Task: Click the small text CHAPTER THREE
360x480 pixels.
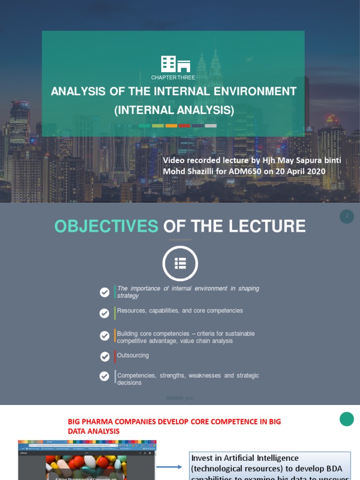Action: click(173, 77)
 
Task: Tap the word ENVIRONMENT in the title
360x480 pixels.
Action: click(247, 91)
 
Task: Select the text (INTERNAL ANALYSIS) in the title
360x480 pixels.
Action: click(174, 111)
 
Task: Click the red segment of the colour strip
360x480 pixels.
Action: click(184, 126)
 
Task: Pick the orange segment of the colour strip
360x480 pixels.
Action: click(171, 126)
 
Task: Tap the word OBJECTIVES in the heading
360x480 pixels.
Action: click(106, 226)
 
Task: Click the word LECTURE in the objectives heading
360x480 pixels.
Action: click(267, 226)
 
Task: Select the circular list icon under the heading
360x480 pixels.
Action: click(180, 264)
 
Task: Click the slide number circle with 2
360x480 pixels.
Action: click(347, 216)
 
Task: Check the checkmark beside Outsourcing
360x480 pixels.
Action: click(105, 357)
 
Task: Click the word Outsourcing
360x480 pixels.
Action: click(133, 355)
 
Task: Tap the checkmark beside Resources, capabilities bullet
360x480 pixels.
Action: click(105, 313)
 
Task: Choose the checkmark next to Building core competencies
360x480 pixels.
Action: click(105, 336)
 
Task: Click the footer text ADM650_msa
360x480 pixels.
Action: click(180, 398)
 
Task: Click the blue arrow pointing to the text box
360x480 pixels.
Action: click(169, 467)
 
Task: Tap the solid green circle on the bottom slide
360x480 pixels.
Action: click(346, 419)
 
